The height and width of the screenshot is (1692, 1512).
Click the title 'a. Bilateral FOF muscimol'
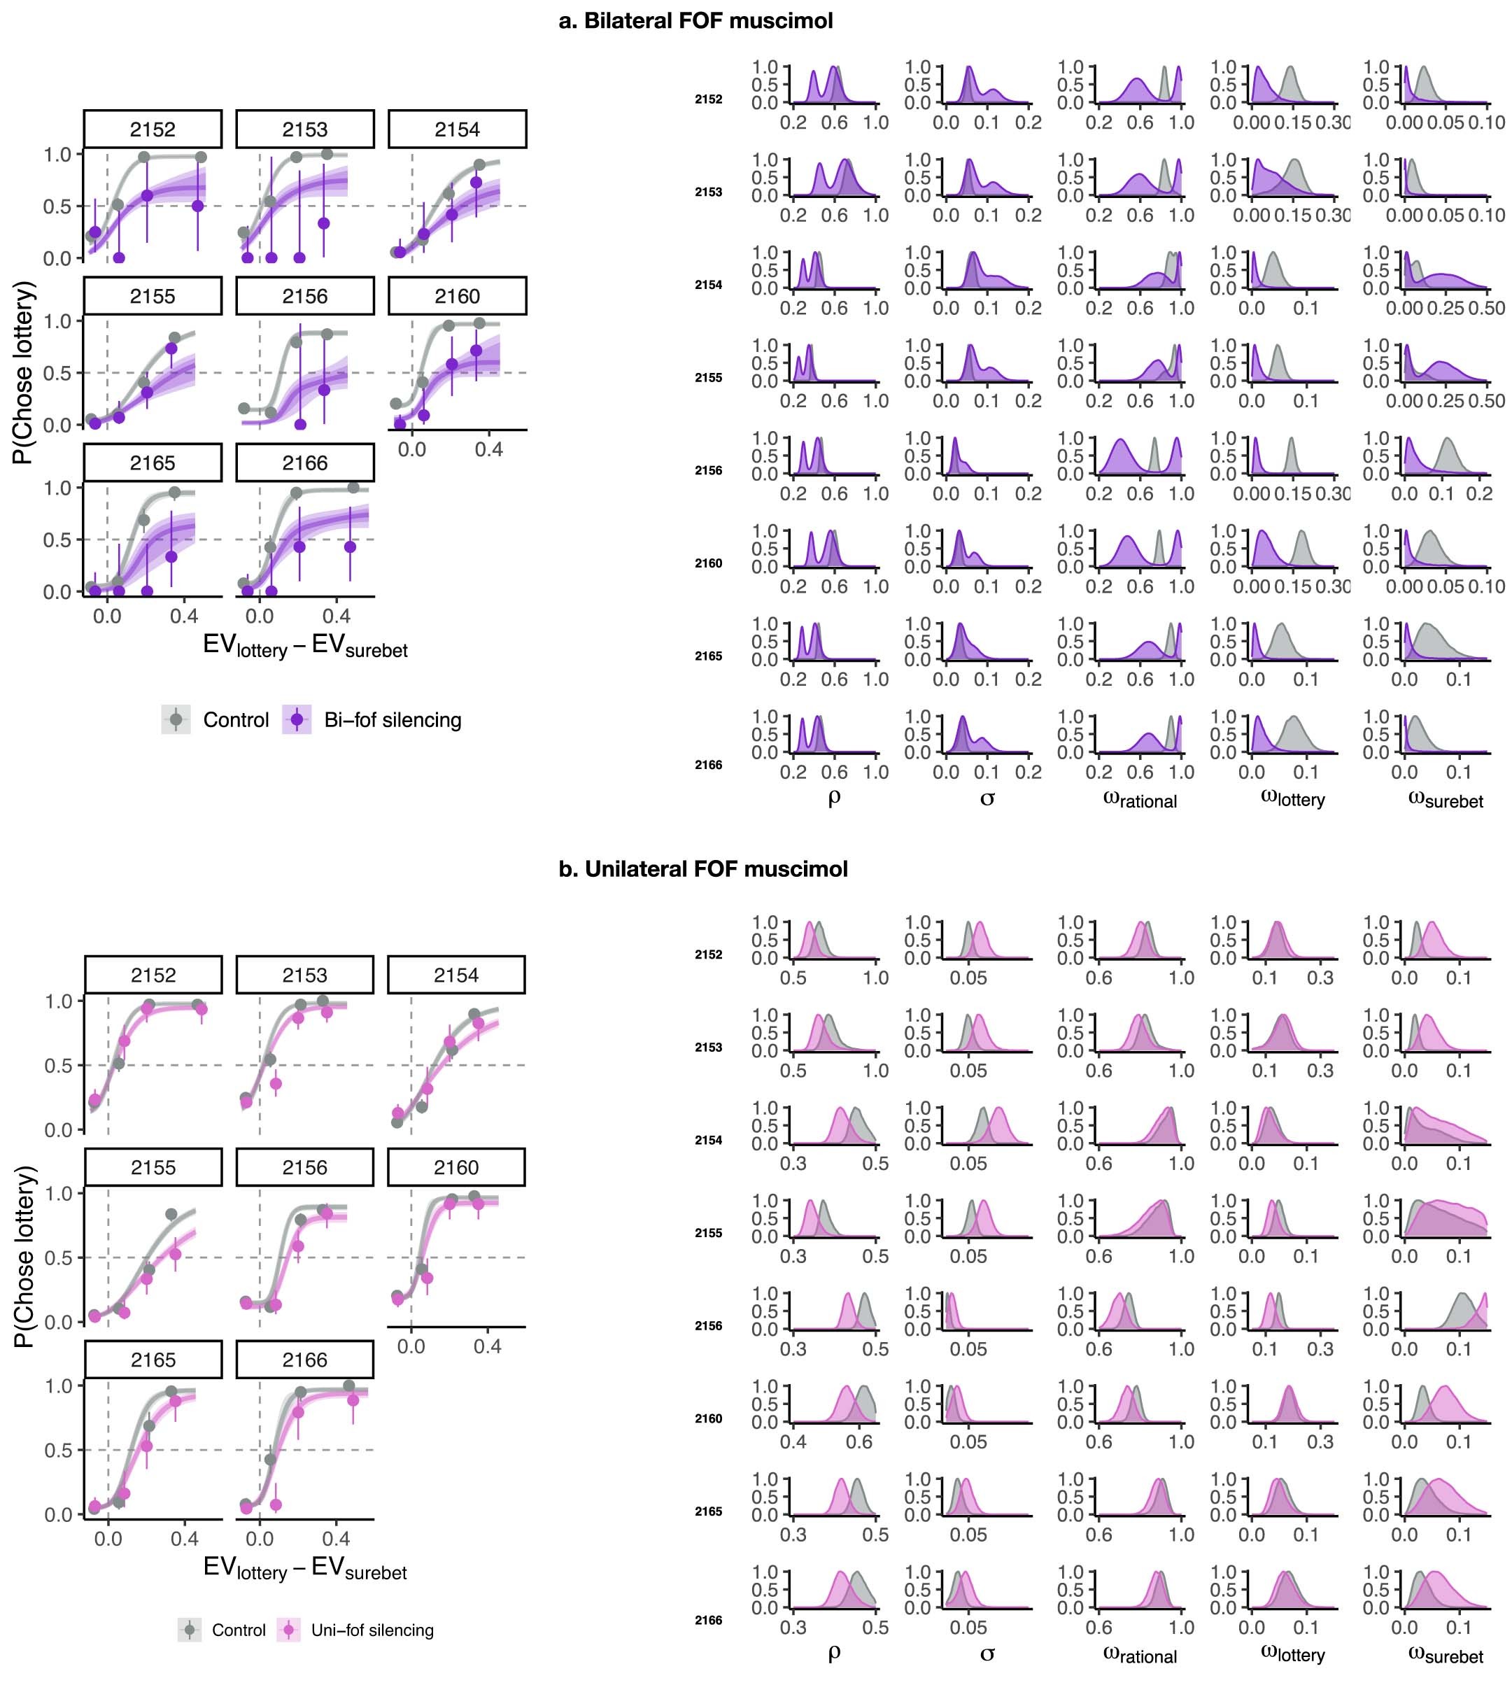[x=695, y=21]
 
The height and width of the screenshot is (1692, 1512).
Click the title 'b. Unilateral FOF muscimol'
[x=703, y=869]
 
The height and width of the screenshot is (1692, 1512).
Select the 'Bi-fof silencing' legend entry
[x=392, y=719]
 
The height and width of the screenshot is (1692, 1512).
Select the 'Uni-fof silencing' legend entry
[x=372, y=1630]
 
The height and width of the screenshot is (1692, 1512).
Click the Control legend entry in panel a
[x=236, y=719]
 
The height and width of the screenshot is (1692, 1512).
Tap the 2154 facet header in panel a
[x=457, y=129]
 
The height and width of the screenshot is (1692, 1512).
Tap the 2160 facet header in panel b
[x=456, y=1167]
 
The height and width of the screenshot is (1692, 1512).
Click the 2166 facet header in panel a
[x=305, y=463]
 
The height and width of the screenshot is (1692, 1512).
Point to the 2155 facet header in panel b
[x=153, y=1167]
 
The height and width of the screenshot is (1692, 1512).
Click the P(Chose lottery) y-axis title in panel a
[x=25, y=372]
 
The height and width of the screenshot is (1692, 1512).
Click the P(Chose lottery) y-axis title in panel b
[x=25, y=1256]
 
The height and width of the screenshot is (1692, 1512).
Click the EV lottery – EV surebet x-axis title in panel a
[x=305, y=647]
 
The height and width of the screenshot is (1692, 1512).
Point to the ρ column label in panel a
[x=834, y=798]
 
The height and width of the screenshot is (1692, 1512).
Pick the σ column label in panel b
[x=987, y=1653]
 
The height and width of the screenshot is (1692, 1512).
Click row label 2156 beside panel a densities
[x=709, y=470]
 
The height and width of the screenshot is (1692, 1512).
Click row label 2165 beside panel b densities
[x=709, y=1511]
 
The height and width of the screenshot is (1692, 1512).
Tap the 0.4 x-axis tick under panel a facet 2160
[x=488, y=449]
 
